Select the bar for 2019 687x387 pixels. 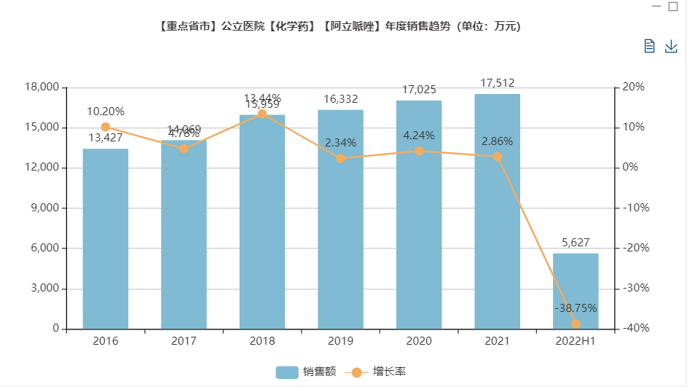click(x=340, y=219)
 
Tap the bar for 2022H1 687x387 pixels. click(x=576, y=291)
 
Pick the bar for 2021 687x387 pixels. click(x=498, y=211)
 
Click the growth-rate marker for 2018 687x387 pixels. click(x=262, y=114)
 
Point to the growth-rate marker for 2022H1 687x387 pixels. click(x=576, y=324)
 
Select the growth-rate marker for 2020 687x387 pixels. click(x=419, y=151)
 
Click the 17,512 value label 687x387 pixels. click(x=498, y=83)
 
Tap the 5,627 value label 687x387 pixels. click(x=576, y=243)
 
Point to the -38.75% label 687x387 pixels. click(x=576, y=308)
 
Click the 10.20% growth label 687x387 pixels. click(x=106, y=112)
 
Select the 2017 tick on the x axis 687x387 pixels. click(x=184, y=340)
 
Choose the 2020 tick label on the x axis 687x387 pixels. click(x=419, y=340)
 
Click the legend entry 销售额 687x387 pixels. click(x=306, y=372)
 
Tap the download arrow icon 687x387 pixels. click(x=671, y=47)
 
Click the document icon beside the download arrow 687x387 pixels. click(x=650, y=47)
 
